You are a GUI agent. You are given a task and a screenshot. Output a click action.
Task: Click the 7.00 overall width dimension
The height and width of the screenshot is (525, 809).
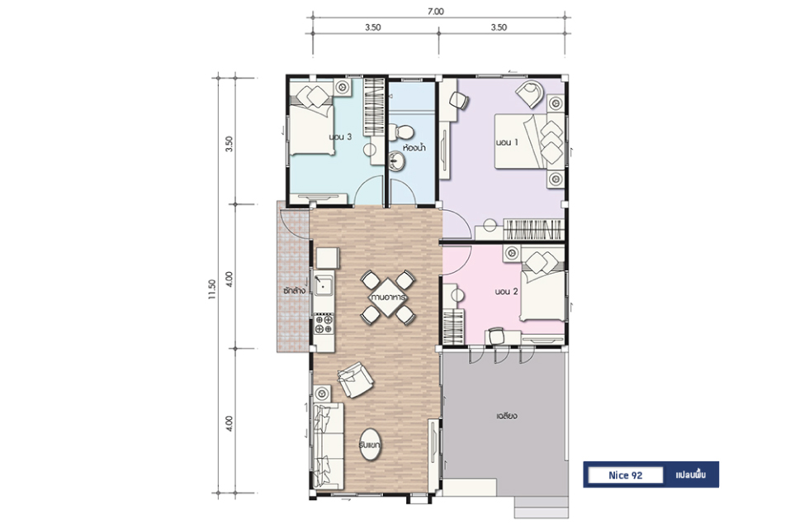point(436,12)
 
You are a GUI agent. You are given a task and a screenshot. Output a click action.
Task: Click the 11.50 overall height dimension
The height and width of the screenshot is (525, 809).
point(211,289)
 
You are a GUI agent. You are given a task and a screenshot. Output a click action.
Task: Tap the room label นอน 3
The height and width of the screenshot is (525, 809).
point(340,137)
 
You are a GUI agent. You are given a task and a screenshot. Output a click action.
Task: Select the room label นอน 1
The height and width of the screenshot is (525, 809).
point(507,142)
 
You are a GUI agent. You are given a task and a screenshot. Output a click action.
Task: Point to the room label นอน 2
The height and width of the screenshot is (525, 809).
point(506,291)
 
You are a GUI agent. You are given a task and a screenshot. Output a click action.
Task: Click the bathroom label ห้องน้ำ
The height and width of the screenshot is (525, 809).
point(414,148)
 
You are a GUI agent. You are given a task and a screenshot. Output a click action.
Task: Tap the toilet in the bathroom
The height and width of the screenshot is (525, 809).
point(400,131)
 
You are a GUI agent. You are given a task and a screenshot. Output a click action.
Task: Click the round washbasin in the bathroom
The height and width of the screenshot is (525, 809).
point(397,160)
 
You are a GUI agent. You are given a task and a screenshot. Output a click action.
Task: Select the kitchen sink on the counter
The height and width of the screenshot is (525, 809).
point(324,285)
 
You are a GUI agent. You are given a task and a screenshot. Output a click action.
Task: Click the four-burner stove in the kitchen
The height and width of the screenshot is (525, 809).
point(324,324)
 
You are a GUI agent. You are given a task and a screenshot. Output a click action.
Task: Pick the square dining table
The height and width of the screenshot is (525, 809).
point(388,298)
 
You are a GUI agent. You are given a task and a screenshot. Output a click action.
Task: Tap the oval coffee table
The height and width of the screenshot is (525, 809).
point(370,445)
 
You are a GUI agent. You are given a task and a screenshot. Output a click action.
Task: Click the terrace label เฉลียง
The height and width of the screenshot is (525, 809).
point(507,416)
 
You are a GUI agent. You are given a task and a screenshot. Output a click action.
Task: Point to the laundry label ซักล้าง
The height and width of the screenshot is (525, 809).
point(294,290)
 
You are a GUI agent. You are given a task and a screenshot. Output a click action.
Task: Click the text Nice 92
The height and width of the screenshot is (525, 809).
point(626,475)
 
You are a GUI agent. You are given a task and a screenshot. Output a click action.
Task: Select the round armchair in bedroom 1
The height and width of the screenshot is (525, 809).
point(530,93)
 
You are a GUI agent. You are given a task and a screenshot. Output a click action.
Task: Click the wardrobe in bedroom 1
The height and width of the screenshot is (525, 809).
point(533,229)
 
